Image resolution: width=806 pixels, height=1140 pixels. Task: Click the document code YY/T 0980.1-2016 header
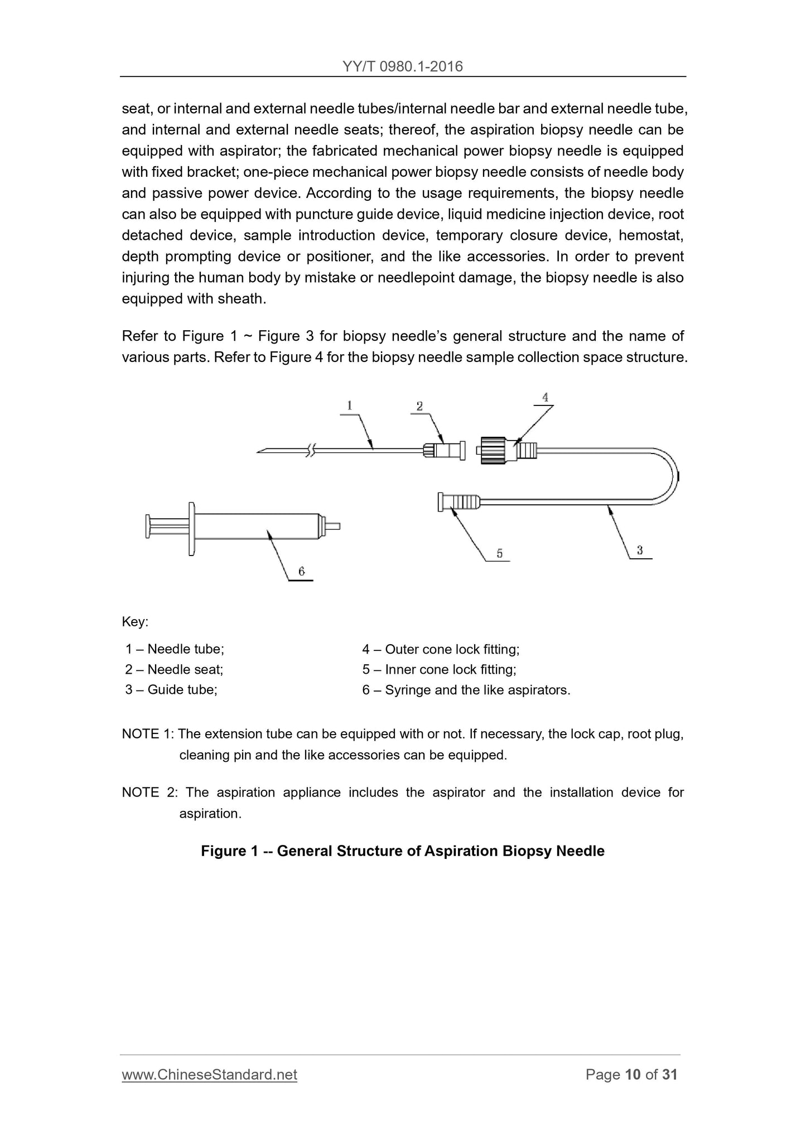coord(403,67)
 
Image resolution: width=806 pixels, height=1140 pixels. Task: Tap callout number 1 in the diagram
coord(350,405)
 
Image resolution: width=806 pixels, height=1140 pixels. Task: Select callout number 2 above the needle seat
coord(419,406)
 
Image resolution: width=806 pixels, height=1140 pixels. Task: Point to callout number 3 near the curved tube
coord(640,550)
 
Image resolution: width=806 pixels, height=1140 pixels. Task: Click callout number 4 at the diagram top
coord(545,397)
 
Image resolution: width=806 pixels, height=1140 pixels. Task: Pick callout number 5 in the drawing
coord(499,553)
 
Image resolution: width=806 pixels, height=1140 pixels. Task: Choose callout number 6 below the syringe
coord(301,571)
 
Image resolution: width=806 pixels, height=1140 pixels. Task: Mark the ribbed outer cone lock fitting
coord(493,450)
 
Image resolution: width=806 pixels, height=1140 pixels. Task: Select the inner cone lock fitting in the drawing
coord(459,502)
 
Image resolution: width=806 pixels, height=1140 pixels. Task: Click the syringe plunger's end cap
coord(148,526)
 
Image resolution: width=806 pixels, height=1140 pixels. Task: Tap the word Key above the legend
coord(135,621)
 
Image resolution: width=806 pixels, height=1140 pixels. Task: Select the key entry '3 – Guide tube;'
coord(171,690)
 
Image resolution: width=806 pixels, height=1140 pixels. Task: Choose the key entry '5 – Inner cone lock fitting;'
coord(439,669)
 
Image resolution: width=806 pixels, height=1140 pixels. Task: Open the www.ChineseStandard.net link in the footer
coord(209,1075)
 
